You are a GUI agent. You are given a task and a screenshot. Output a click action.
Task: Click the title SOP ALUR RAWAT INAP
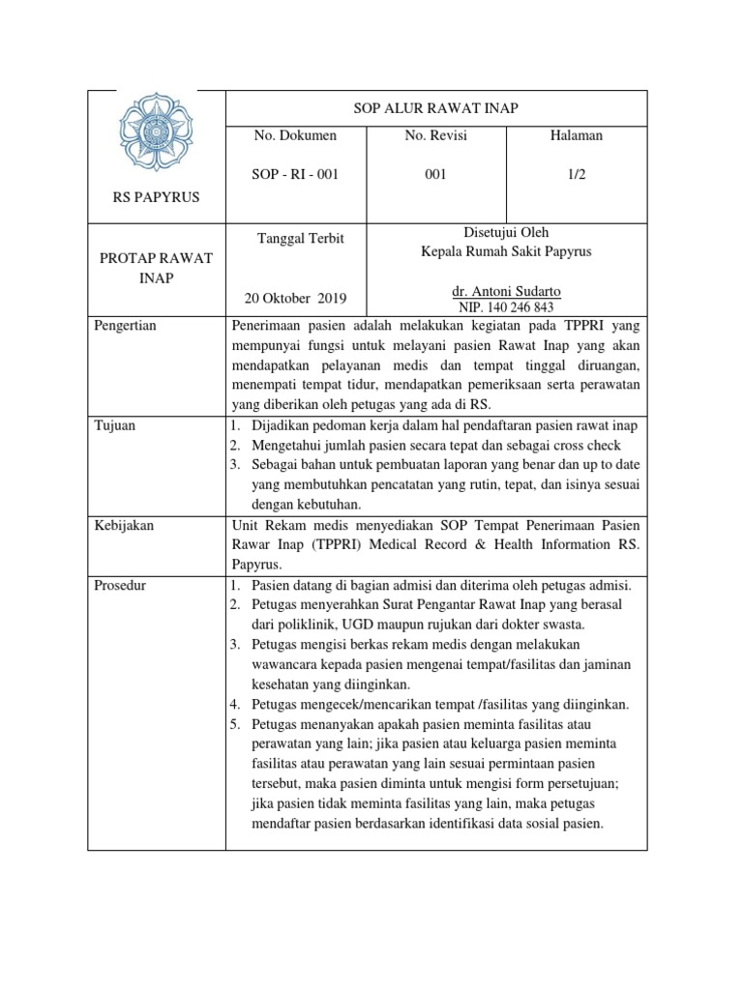(436, 109)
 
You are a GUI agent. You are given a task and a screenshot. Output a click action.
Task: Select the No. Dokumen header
(295, 136)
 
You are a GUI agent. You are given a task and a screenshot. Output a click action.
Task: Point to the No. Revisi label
(436, 136)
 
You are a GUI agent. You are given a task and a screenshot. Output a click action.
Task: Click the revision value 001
(436, 175)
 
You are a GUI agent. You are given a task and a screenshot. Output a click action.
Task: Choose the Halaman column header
(577, 136)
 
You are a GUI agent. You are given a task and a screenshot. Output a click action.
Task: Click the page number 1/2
(577, 175)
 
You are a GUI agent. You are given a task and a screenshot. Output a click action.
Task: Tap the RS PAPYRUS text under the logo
(156, 197)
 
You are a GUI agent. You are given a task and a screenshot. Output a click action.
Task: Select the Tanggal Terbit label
(300, 239)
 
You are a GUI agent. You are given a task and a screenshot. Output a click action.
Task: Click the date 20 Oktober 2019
(298, 297)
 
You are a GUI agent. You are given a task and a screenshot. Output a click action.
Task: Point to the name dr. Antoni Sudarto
(506, 291)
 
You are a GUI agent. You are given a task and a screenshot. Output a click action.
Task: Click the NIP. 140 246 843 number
(506, 306)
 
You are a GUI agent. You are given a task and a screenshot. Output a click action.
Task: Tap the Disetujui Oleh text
(506, 233)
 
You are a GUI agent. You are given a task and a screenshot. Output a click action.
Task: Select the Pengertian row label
(126, 326)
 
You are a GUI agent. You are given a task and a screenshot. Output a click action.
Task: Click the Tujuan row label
(114, 425)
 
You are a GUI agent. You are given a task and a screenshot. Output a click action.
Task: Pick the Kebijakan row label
(124, 525)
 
